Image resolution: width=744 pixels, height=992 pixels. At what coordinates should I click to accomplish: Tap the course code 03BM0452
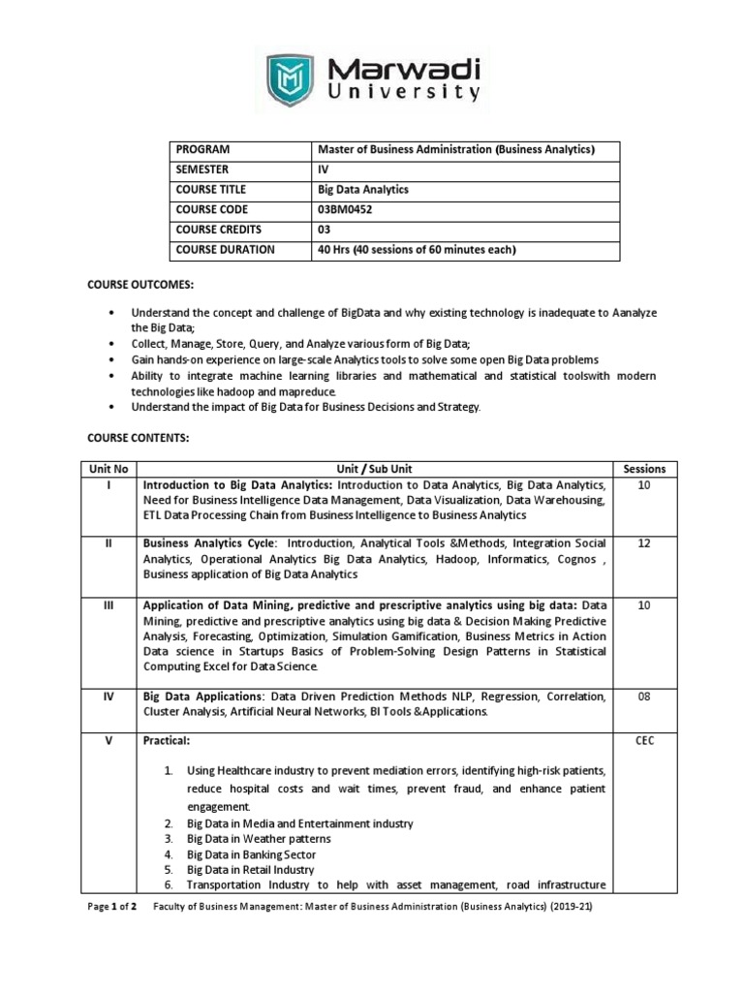click(x=350, y=209)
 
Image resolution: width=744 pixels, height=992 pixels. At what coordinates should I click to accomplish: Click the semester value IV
click(x=324, y=170)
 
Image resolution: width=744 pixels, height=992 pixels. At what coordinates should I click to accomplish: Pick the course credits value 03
click(x=325, y=230)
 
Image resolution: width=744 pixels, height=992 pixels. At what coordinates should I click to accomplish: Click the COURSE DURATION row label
click(x=224, y=250)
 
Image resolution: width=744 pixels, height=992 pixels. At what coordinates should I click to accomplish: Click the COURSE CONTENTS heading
click(x=139, y=438)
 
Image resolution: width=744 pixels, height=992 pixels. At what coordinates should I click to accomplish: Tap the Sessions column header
click(x=644, y=469)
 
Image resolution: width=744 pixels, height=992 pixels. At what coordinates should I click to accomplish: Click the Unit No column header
click(x=108, y=469)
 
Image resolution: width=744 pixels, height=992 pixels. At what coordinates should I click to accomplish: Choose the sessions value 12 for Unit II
click(x=644, y=544)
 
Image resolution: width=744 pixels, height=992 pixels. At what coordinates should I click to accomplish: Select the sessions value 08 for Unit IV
click(x=644, y=696)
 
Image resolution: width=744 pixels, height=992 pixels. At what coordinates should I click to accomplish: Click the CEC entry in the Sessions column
click(x=644, y=740)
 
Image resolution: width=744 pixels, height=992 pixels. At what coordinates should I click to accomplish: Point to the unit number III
click(x=108, y=605)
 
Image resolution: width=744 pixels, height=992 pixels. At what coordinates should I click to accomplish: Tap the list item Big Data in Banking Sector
click(x=252, y=854)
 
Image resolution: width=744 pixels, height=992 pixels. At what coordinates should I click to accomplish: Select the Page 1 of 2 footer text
click(x=114, y=908)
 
